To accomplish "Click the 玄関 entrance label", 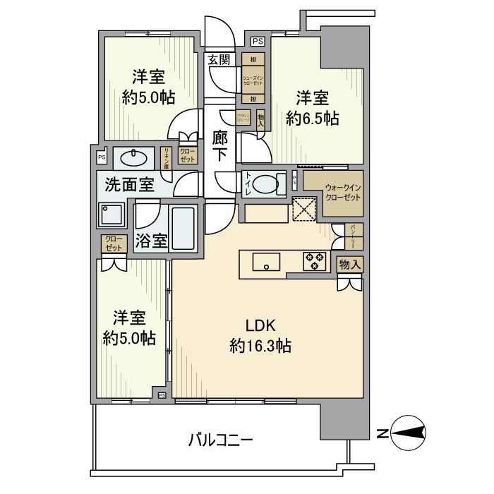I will [x=218, y=59].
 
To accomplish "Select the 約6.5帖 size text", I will [x=312, y=119].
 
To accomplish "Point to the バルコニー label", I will [x=220, y=440].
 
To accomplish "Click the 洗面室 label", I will [x=129, y=186].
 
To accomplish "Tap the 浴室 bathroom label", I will [x=151, y=240].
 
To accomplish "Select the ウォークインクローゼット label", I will [x=343, y=193].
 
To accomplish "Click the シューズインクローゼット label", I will [x=253, y=81].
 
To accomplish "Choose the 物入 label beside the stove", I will [x=350, y=265].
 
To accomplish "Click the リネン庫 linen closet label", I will [x=167, y=156].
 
